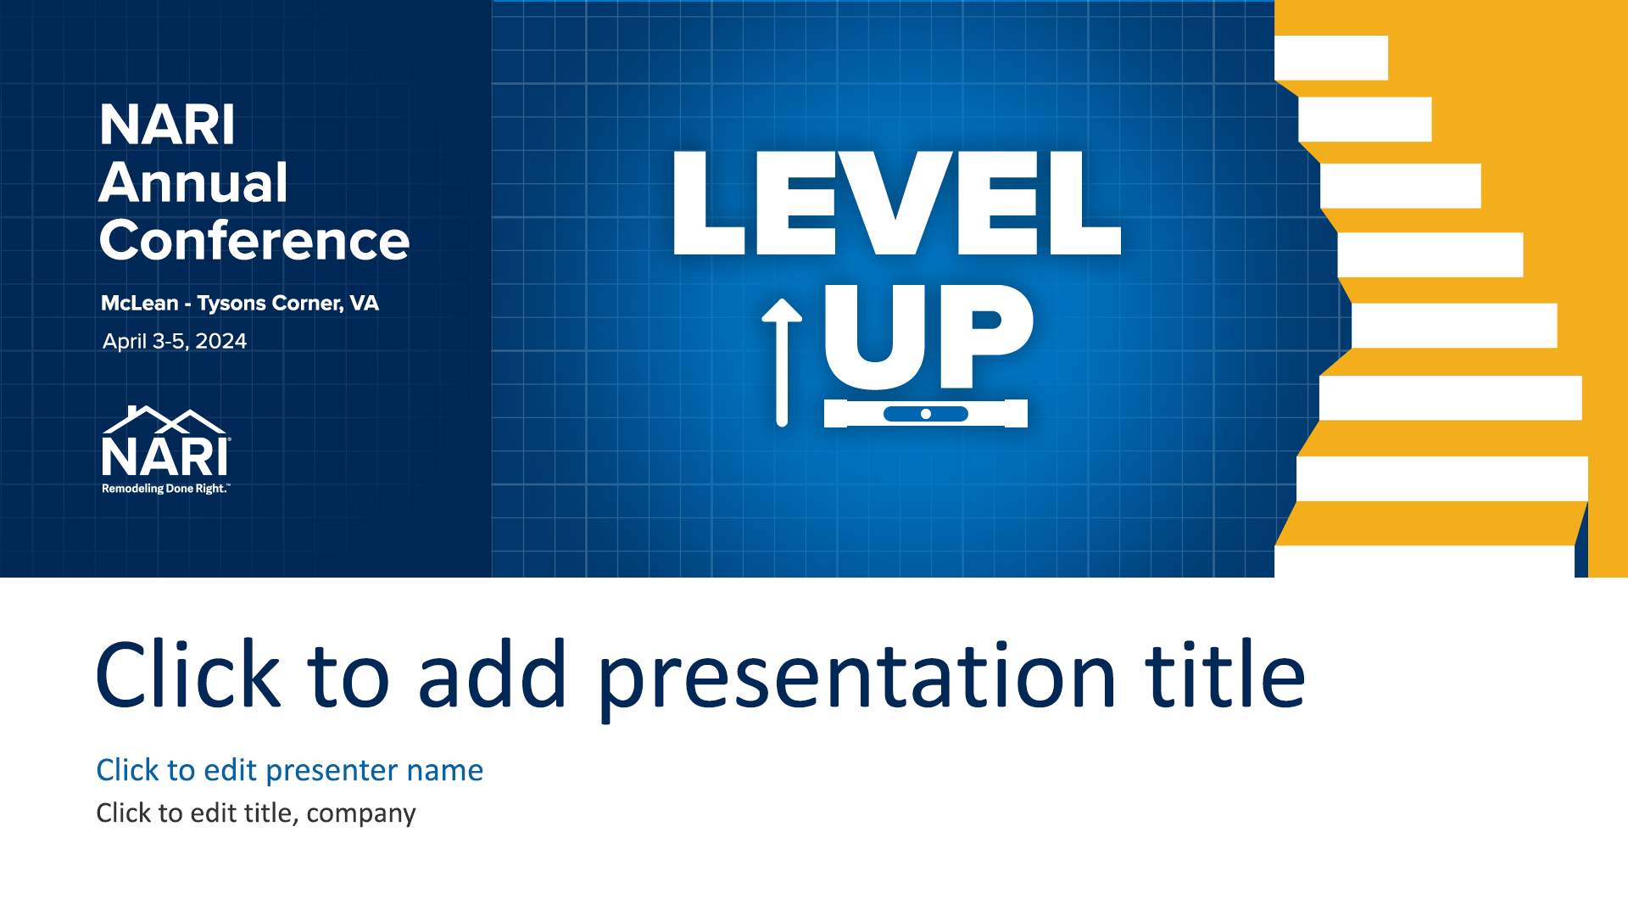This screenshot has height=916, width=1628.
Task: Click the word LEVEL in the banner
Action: click(897, 204)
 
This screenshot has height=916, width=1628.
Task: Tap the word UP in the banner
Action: click(928, 337)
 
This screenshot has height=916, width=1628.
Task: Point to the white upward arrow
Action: click(782, 362)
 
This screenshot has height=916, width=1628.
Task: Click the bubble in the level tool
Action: click(926, 414)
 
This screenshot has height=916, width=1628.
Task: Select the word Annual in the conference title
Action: click(193, 182)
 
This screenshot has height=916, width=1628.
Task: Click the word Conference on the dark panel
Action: click(254, 240)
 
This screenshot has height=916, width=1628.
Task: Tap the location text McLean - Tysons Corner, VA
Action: click(240, 303)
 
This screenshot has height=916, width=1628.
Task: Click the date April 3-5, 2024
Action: click(175, 341)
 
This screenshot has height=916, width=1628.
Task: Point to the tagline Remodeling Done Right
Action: click(165, 489)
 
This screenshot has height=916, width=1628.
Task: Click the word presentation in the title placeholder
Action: click(857, 679)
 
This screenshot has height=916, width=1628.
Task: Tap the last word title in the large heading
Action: click(1225, 673)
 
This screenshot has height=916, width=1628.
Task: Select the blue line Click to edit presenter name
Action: click(289, 770)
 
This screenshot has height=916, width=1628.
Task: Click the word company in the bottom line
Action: click(361, 814)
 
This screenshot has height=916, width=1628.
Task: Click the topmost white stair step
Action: click(1331, 58)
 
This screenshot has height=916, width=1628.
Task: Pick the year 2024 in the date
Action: click(220, 341)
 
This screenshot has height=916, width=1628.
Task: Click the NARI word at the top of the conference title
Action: click(167, 125)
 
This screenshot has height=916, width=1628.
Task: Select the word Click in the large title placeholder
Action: click(187, 673)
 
